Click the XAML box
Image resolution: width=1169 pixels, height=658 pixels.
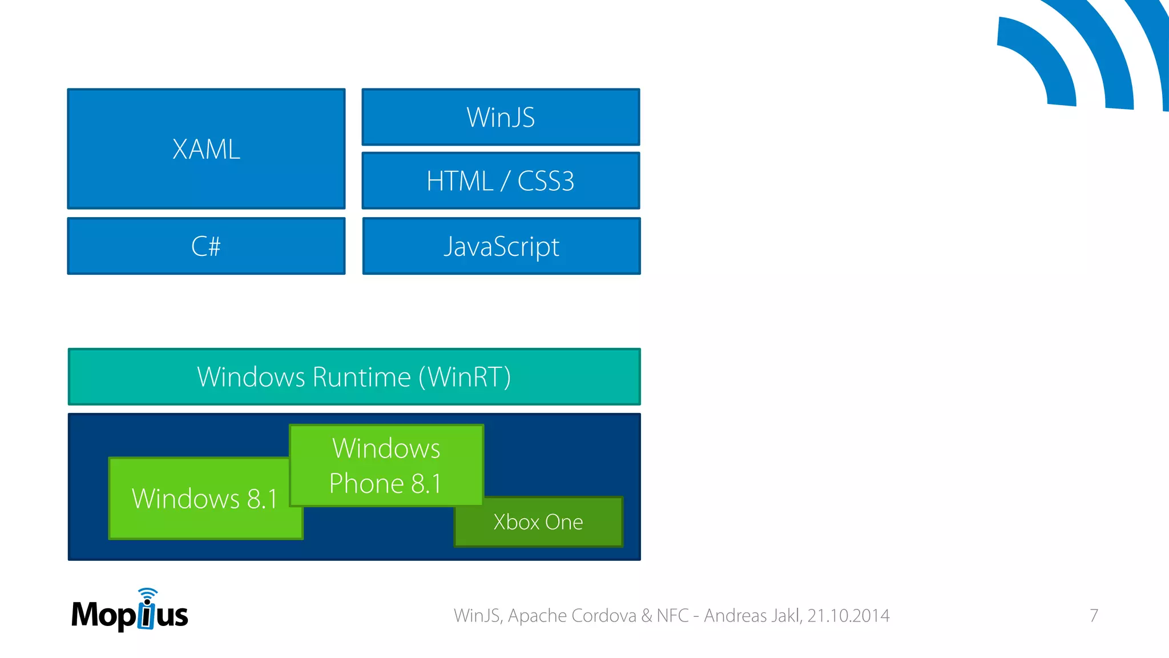(x=206, y=149)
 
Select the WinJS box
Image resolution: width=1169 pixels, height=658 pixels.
(x=501, y=117)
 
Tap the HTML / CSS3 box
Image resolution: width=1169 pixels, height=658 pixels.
(x=501, y=180)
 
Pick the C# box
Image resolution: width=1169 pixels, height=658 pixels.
(x=206, y=246)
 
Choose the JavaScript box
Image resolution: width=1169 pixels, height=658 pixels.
(x=501, y=246)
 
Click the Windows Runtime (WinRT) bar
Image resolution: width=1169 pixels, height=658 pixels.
(x=354, y=377)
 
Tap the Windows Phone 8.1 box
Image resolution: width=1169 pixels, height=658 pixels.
(x=386, y=466)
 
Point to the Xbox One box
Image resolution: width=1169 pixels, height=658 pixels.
(x=538, y=522)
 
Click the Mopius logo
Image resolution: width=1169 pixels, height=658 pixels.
(x=130, y=612)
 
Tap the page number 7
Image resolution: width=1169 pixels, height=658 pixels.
(x=1094, y=615)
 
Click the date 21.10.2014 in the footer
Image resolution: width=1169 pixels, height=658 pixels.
(x=848, y=615)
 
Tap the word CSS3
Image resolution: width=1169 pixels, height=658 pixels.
(x=545, y=181)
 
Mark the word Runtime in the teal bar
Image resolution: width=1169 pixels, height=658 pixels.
(x=361, y=377)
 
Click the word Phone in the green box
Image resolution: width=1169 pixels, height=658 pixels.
(x=366, y=484)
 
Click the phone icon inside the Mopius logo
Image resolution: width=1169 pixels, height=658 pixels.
(x=147, y=613)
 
